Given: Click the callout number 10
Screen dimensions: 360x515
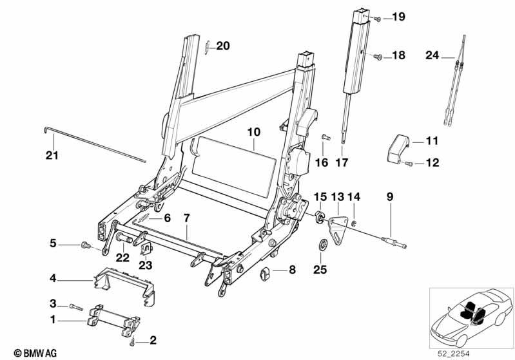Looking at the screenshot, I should coord(253,132).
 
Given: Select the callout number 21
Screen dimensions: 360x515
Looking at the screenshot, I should coord(52,155).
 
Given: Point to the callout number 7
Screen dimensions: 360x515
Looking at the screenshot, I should coord(186,218).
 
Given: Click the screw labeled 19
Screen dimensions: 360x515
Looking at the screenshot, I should coord(378,17).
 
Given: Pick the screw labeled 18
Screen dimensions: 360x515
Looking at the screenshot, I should coord(378,57).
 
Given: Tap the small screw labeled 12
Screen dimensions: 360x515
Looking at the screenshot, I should coord(408,164).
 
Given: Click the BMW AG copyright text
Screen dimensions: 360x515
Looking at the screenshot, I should coord(23,352).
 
